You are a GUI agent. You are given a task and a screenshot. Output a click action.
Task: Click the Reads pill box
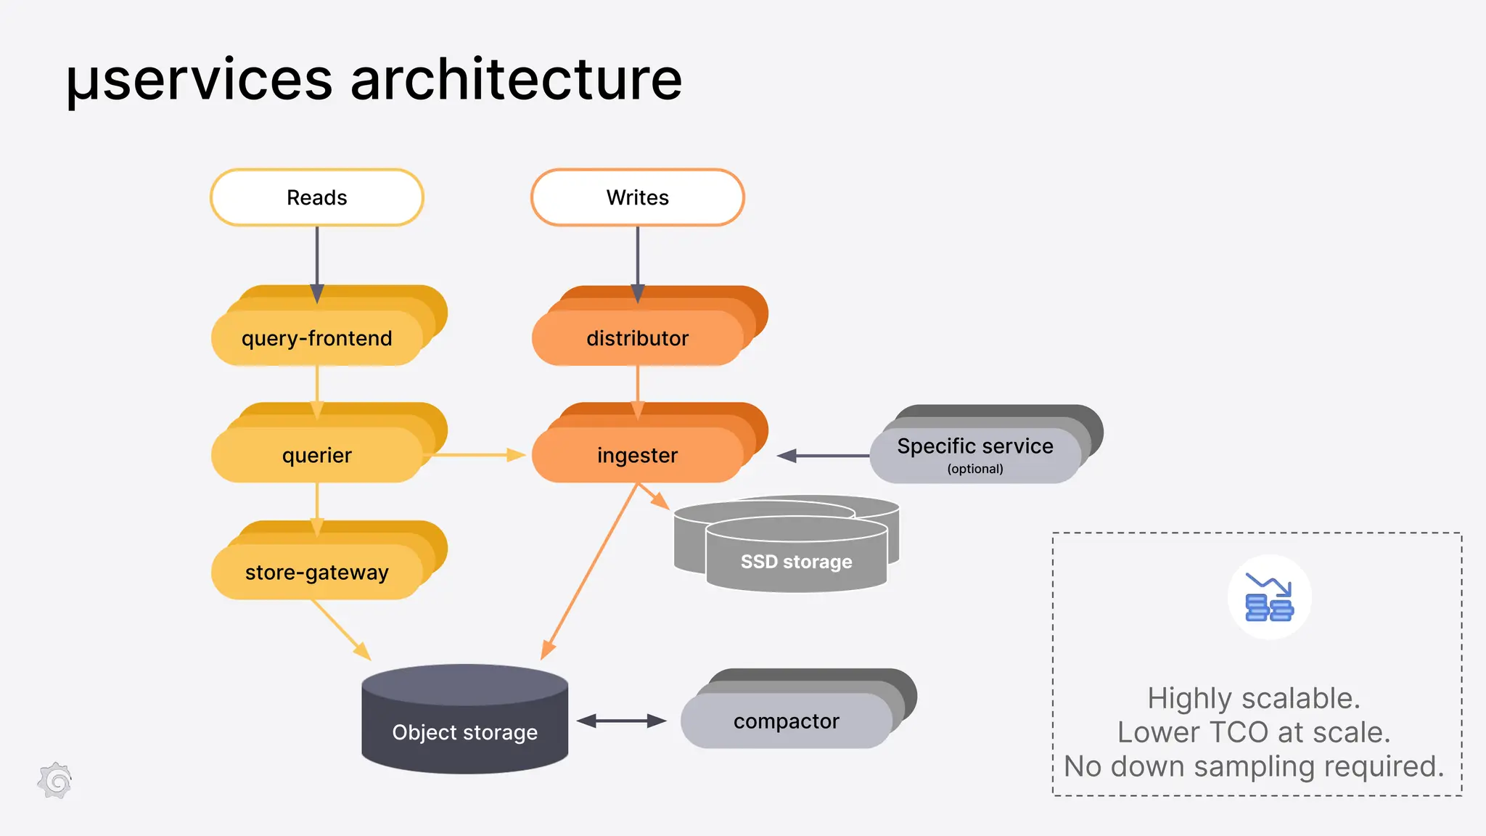point(316,197)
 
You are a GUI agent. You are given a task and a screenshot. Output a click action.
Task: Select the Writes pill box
point(637,197)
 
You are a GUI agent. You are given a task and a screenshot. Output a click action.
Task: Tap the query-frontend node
point(316,338)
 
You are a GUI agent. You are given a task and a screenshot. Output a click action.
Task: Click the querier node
point(316,455)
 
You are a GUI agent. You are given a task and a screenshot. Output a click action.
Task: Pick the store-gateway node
point(316,572)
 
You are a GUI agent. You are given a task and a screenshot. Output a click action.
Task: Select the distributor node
point(637,338)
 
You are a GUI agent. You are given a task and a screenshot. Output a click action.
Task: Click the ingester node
point(637,455)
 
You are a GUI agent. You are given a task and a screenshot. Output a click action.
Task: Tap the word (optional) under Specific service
point(974,469)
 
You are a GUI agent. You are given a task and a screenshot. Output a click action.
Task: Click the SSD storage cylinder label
point(796,562)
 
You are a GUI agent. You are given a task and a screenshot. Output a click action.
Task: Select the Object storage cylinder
point(464,731)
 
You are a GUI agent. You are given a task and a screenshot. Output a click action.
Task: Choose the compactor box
point(786,721)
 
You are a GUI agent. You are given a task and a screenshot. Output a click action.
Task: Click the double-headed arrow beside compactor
point(622,721)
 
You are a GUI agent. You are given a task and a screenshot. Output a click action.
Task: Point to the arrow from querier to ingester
point(475,455)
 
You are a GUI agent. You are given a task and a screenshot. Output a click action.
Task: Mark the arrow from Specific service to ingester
point(824,456)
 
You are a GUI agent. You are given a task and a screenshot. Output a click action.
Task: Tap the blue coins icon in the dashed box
point(1269,597)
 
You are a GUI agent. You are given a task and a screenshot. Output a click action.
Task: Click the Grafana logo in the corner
point(55,782)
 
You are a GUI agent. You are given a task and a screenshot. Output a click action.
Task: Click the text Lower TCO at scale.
point(1254,732)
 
